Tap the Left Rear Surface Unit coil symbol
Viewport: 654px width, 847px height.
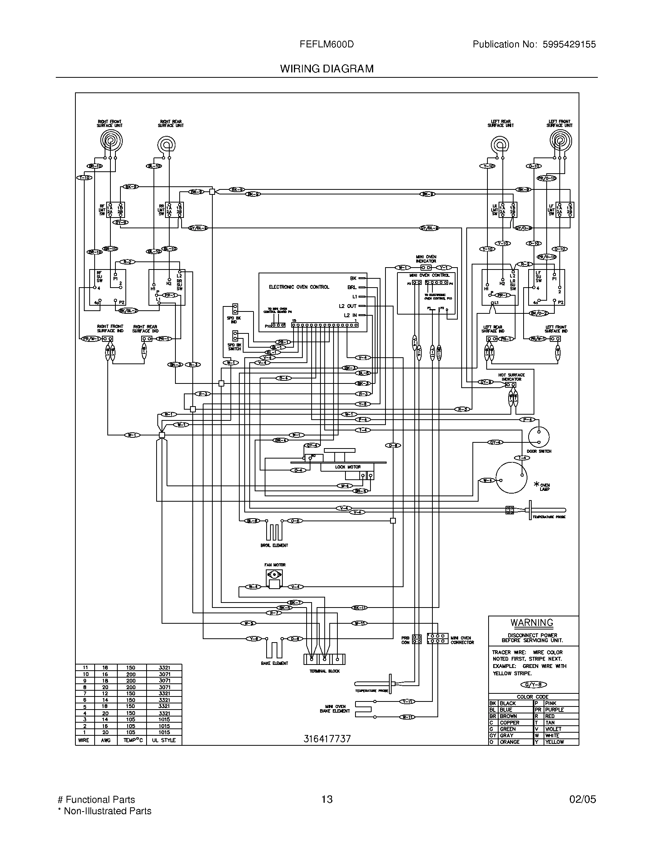(x=500, y=146)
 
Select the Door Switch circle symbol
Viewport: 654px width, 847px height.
(x=539, y=437)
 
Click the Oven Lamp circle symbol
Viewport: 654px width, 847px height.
(x=511, y=478)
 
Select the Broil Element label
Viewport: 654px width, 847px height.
(x=274, y=545)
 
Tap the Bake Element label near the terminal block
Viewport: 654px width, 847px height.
(x=274, y=663)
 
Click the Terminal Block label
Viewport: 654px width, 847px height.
(x=324, y=671)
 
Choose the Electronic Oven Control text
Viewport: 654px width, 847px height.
(x=299, y=287)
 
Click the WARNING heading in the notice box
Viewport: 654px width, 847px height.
(x=532, y=623)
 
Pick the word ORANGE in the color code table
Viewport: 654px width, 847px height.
(x=509, y=742)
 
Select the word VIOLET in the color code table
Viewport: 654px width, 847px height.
(x=553, y=729)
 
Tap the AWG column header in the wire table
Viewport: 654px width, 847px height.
(x=105, y=740)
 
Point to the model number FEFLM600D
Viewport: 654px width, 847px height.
(x=327, y=44)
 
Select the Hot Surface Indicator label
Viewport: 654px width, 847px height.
(x=511, y=377)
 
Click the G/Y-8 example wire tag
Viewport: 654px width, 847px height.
(x=533, y=685)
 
